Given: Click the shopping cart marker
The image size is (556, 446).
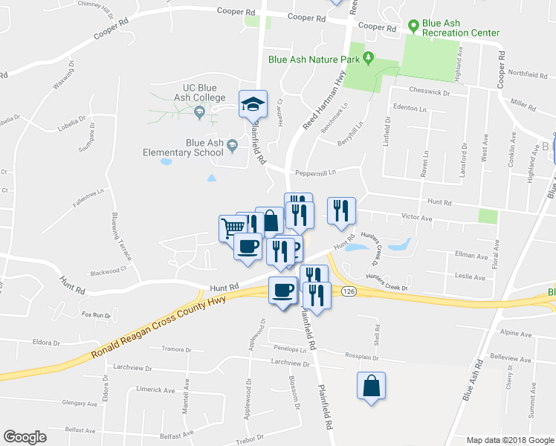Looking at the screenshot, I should (x=232, y=227).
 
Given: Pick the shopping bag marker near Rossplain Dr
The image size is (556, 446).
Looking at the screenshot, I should (x=371, y=387).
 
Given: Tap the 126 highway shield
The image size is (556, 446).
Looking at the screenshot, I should (x=348, y=291).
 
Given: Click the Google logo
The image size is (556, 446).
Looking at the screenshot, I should (x=25, y=437).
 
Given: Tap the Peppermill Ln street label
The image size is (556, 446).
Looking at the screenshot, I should (x=315, y=172).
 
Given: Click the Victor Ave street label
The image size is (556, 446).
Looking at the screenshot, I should (x=416, y=219).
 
